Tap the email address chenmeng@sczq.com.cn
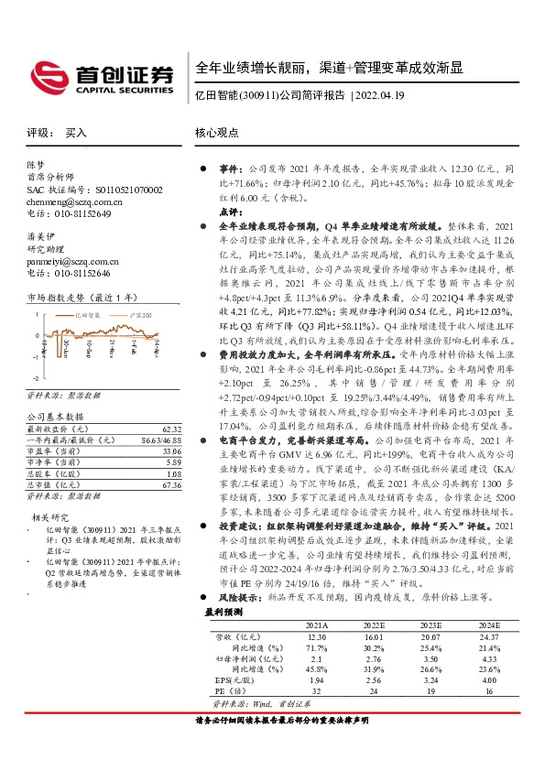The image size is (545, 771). [x=70, y=201]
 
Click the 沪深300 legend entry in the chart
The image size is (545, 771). [x=143, y=313]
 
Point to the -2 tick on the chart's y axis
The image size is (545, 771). [x=34, y=377]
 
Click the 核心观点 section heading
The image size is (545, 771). [x=216, y=133]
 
